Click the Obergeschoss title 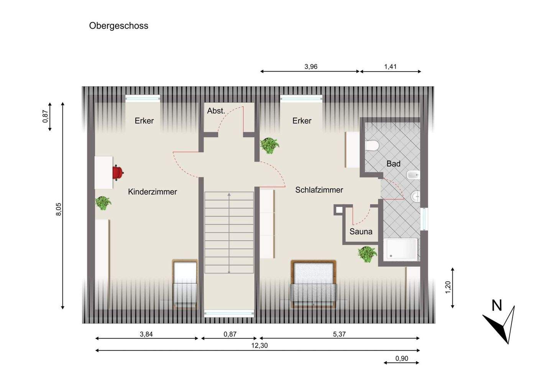click(118, 26)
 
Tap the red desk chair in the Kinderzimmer click(118, 172)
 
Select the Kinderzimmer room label click(152, 192)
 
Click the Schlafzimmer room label click(319, 190)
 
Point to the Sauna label click(361, 231)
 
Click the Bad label click(393, 164)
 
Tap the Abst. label click(216, 111)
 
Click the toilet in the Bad click(371, 146)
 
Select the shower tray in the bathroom click(401, 249)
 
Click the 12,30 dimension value click(260, 345)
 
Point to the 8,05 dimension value click(59, 209)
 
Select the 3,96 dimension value click(311, 67)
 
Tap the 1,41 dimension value click(390, 67)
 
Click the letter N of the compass click(497, 306)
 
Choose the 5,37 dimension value click(339, 334)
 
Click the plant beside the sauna click(367, 254)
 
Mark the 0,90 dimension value click(402, 359)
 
